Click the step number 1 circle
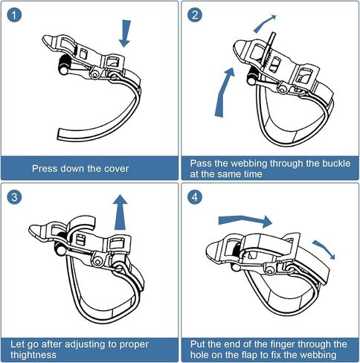(14, 15)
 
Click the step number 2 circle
(195, 15)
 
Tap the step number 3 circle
(14, 197)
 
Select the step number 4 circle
(195, 197)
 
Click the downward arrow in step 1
(125, 33)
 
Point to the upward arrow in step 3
(120, 212)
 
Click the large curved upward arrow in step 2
(223, 93)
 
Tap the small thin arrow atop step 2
(264, 24)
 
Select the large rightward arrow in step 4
(245, 221)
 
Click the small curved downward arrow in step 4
(324, 248)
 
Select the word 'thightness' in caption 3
(33, 355)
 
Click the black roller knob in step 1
(65, 64)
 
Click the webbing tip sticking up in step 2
(272, 39)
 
